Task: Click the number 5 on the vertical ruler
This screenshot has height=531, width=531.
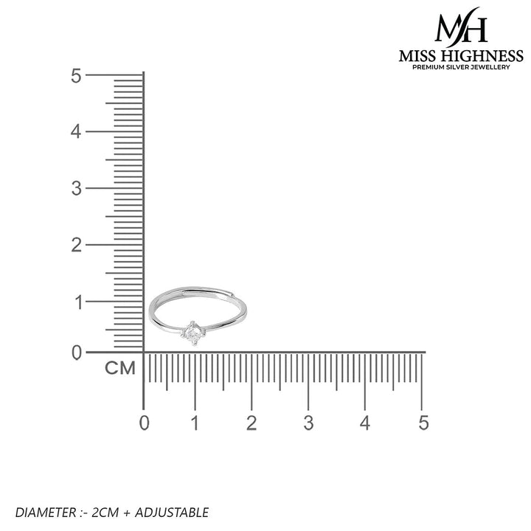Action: (76, 75)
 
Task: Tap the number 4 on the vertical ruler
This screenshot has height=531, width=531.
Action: (76, 132)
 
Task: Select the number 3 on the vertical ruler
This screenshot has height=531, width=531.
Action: (77, 188)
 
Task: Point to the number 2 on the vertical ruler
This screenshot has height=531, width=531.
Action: (77, 245)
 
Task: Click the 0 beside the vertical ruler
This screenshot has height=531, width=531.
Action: (77, 353)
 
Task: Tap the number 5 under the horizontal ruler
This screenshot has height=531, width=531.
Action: (423, 423)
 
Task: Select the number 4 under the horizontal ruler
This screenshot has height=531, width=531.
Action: (365, 423)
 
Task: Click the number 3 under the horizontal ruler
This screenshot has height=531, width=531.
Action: (308, 423)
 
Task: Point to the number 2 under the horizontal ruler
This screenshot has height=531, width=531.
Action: (251, 423)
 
